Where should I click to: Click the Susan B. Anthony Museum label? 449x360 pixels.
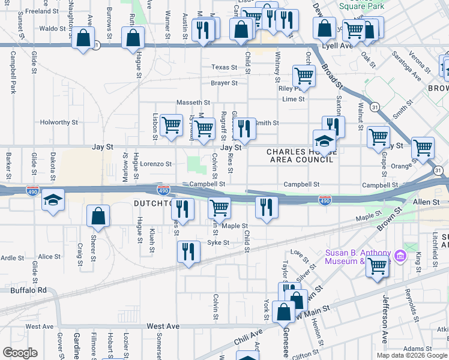358,256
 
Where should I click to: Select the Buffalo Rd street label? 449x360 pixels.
28,290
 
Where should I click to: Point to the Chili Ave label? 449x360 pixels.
249,340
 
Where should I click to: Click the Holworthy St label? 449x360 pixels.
59,122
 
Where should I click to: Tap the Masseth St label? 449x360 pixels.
193,103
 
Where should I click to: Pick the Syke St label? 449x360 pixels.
218,242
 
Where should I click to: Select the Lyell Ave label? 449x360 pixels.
339,46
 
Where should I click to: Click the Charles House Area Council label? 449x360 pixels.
300,156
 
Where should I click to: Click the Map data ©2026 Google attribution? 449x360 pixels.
412,355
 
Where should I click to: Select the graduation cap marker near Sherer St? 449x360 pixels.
53,200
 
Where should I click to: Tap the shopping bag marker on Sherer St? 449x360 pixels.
97,216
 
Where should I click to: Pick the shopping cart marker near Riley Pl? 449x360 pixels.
304,76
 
